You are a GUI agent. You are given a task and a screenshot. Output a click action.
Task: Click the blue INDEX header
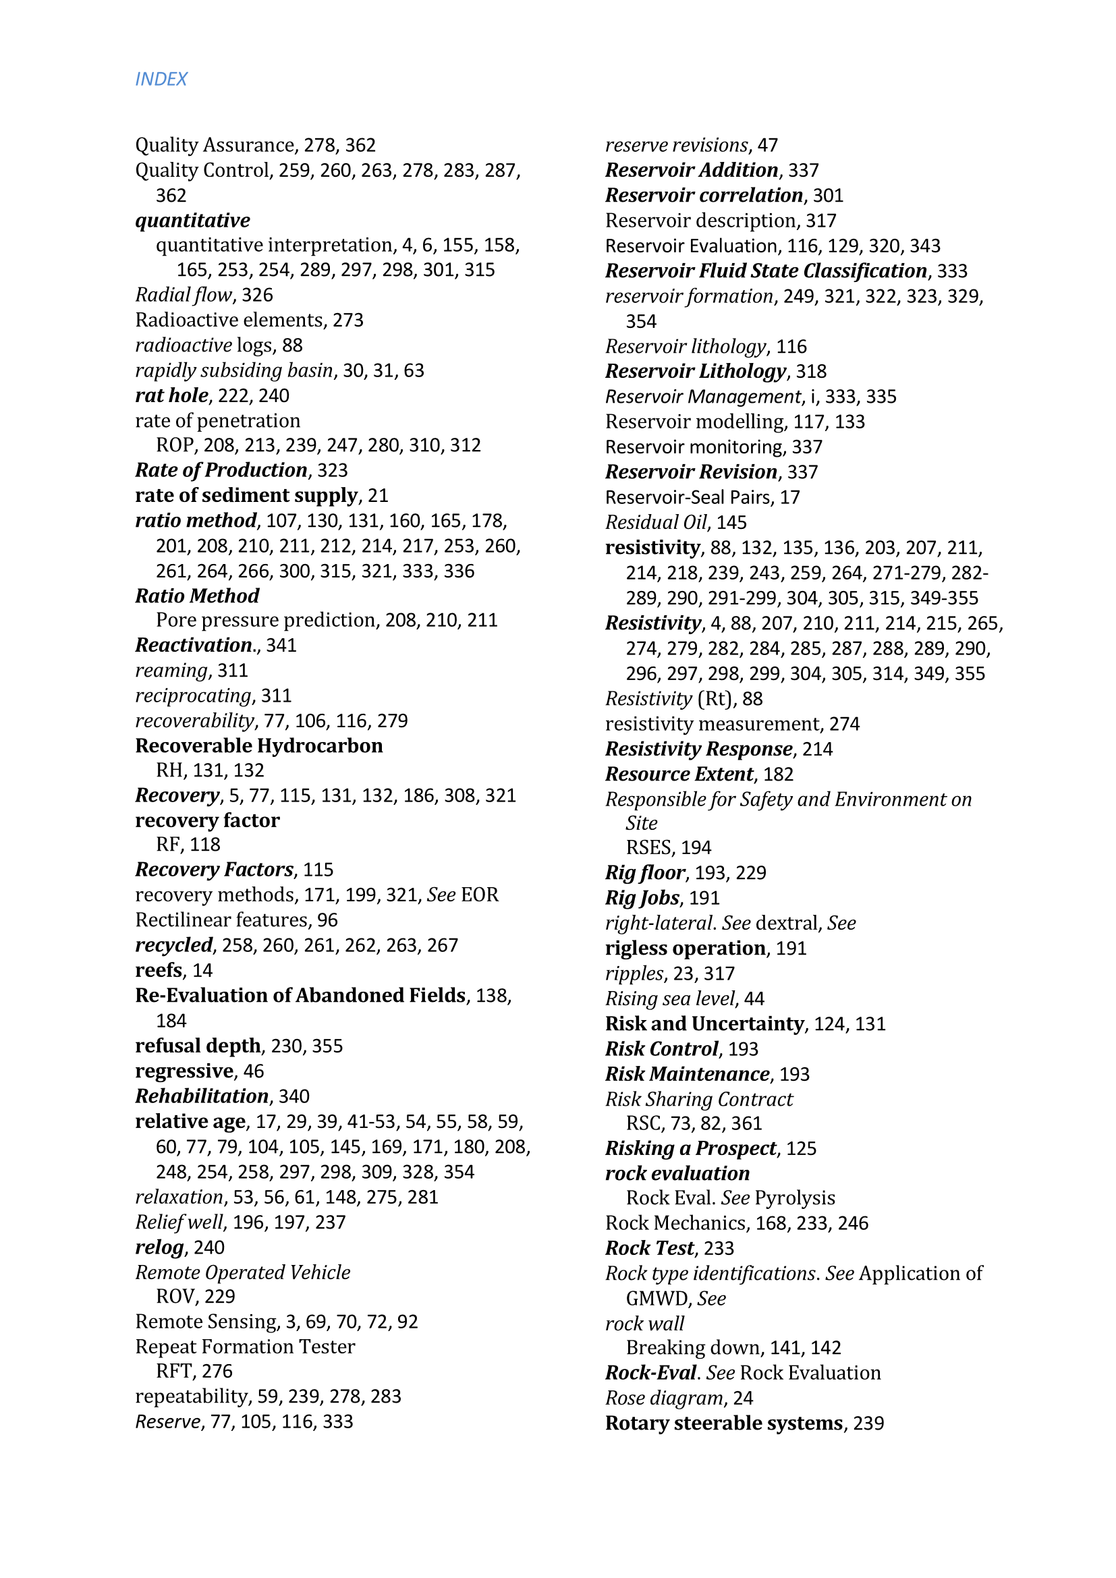pyautogui.click(x=161, y=79)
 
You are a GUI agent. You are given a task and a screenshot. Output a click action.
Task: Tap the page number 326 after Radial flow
pyautogui.click(x=257, y=295)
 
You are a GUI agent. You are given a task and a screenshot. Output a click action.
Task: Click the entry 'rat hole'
pyautogui.click(x=171, y=395)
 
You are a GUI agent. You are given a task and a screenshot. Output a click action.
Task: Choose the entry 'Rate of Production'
pyautogui.click(x=221, y=470)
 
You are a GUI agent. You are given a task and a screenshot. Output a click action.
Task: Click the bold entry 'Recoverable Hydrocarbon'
pyautogui.click(x=258, y=745)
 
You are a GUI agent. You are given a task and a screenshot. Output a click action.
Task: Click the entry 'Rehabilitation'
pyautogui.click(x=201, y=1096)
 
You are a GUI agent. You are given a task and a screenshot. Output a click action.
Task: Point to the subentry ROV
pyautogui.click(x=177, y=1296)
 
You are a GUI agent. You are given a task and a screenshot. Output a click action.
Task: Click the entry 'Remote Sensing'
pyautogui.click(x=206, y=1322)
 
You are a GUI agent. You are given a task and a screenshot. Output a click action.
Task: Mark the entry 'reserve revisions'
pyautogui.click(x=676, y=145)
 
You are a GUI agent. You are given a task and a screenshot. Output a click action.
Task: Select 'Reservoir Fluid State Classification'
pyautogui.click(x=766, y=271)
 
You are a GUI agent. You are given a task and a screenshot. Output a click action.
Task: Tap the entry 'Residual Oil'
pyautogui.click(x=656, y=522)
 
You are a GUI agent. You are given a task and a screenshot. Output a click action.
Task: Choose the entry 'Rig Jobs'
pyautogui.click(x=642, y=897)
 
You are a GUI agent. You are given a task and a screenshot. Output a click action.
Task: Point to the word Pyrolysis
pyautogui.click(x=794, y=1198)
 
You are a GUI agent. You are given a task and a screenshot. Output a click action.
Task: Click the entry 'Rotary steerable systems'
pyautogui.click(x=723, y=1423)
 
